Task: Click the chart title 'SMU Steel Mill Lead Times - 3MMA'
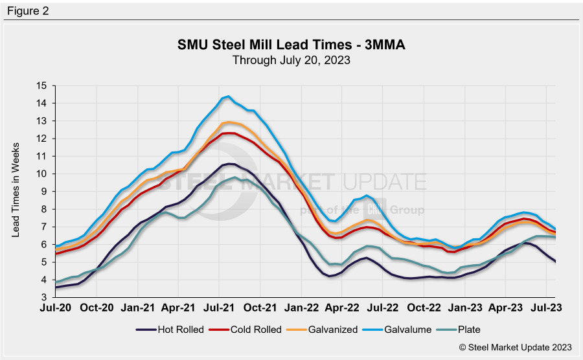click(291, 46)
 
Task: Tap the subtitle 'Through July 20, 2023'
click(291, 61)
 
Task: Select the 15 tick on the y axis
click(42, 85)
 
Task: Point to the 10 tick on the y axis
click(42, 174)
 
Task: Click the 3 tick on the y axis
click(45, 297)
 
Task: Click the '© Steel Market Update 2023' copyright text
click(516, 348)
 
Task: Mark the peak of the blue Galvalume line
click(228, 96)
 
